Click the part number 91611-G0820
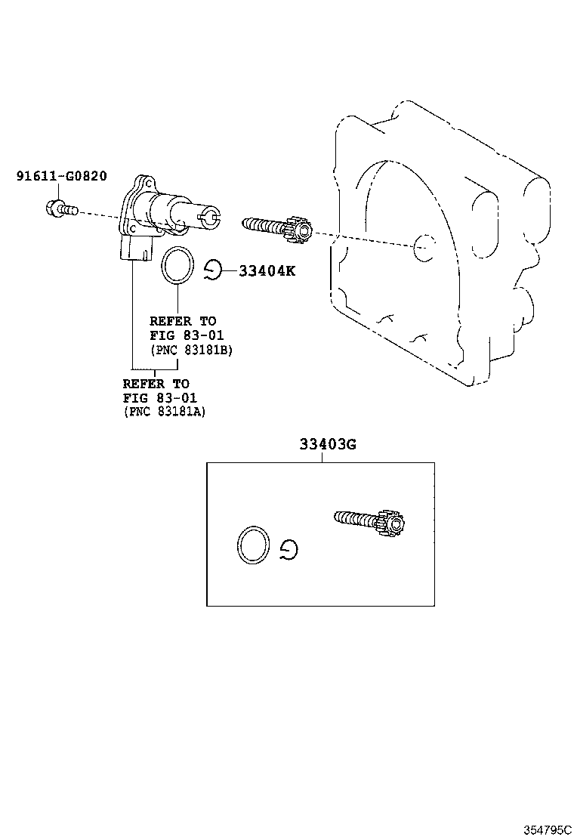[x=61, y=176]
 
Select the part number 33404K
[x=267, y=271]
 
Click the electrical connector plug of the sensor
[x=137, y=249]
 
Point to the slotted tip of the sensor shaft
[x=208, y=218]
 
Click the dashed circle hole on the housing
[x=424, y=247]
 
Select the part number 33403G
[x=327, y=444]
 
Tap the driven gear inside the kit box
[x=371, y=520]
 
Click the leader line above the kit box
[x=322, y=457]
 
